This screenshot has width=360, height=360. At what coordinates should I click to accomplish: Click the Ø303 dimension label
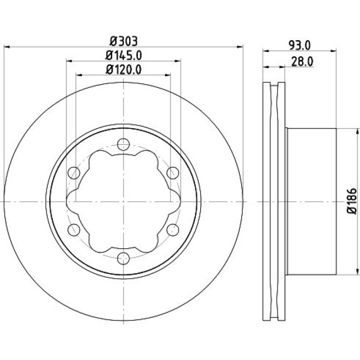(x=124, y=41)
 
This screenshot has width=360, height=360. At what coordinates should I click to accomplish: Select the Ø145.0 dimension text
(x=123, y=55)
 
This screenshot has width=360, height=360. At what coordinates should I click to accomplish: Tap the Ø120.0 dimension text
(x=123, y=69)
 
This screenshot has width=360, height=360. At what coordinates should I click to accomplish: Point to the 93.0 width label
(x=300, y=45)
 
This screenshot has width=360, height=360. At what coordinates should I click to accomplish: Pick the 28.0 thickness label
(x=302, y=62)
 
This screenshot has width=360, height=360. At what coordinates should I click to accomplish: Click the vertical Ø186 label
(x=352, y=202)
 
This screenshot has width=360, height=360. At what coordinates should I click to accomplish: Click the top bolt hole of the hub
(x=123, y=144)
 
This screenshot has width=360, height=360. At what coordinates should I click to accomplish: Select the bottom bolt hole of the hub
(x=123, y=259)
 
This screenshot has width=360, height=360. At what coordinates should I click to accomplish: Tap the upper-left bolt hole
(x=74, y=173)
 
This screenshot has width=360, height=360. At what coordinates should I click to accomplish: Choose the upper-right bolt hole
(x=173, y=173)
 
